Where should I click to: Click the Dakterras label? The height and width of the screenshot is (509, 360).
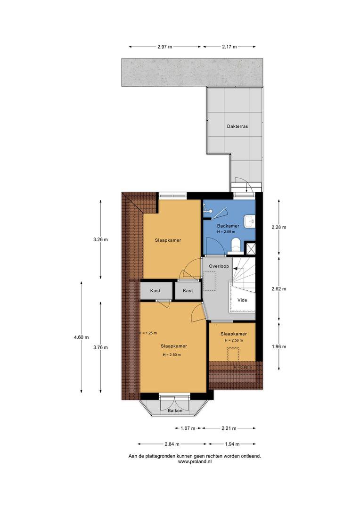[x=237, y=126]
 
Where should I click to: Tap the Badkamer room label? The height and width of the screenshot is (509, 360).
[x=228, y=226]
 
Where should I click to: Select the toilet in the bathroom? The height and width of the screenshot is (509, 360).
[x=235, y=246]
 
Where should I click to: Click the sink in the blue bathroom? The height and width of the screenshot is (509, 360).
[x=250, y=221]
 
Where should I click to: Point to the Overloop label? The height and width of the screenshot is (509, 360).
[x=219, y=266]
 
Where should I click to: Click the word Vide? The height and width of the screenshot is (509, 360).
[x=242, y=300]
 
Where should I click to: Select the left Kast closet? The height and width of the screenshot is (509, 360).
[x=155, y=290]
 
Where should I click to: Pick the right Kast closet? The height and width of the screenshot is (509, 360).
[x=188, y=290]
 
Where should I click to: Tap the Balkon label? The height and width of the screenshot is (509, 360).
[x=175, y=410]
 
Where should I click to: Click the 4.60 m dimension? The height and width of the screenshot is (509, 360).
[x=81, y=337]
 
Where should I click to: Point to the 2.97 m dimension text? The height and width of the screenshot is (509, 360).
[x=164, y=47]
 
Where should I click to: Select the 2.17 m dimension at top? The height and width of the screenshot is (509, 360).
[x=229, y=47]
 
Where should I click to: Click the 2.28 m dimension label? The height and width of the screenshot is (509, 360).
[x=279, y=227]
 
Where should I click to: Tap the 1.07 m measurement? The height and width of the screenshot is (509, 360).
[x=188, y=428]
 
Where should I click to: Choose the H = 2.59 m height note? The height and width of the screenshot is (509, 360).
[x=226, y=232]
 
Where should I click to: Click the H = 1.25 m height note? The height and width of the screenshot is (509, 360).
[x=148, y=333]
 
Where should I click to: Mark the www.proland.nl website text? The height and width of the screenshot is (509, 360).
[x=195, y=461]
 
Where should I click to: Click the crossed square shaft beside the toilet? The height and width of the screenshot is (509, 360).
[x=250, y=248]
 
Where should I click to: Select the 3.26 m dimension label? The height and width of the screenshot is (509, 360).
[x=100, y=240]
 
